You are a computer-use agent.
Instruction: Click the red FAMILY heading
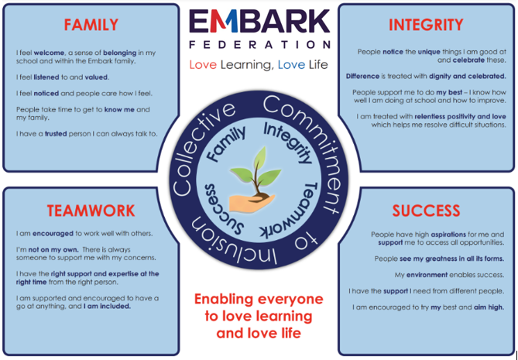(91, 25)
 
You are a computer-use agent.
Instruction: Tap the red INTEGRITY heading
(426, 25)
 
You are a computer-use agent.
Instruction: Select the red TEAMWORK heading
(91, 211)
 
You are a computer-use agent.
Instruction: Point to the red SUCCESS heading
(426, 211)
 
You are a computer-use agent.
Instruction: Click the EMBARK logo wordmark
(259, 21)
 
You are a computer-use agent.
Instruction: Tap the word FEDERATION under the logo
(259, 45)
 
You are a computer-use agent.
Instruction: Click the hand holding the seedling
(252, 202)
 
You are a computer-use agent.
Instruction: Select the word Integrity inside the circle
(288, 142)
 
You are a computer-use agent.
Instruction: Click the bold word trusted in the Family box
(56, 134)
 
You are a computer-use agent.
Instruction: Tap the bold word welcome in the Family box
(49, 53)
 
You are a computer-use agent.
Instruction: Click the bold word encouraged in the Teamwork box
(53, 234)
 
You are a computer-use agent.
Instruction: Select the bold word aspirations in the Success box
(448, 235)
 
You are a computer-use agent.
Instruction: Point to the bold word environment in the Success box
(427, 275)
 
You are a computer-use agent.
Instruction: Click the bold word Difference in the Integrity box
(362, 77)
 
